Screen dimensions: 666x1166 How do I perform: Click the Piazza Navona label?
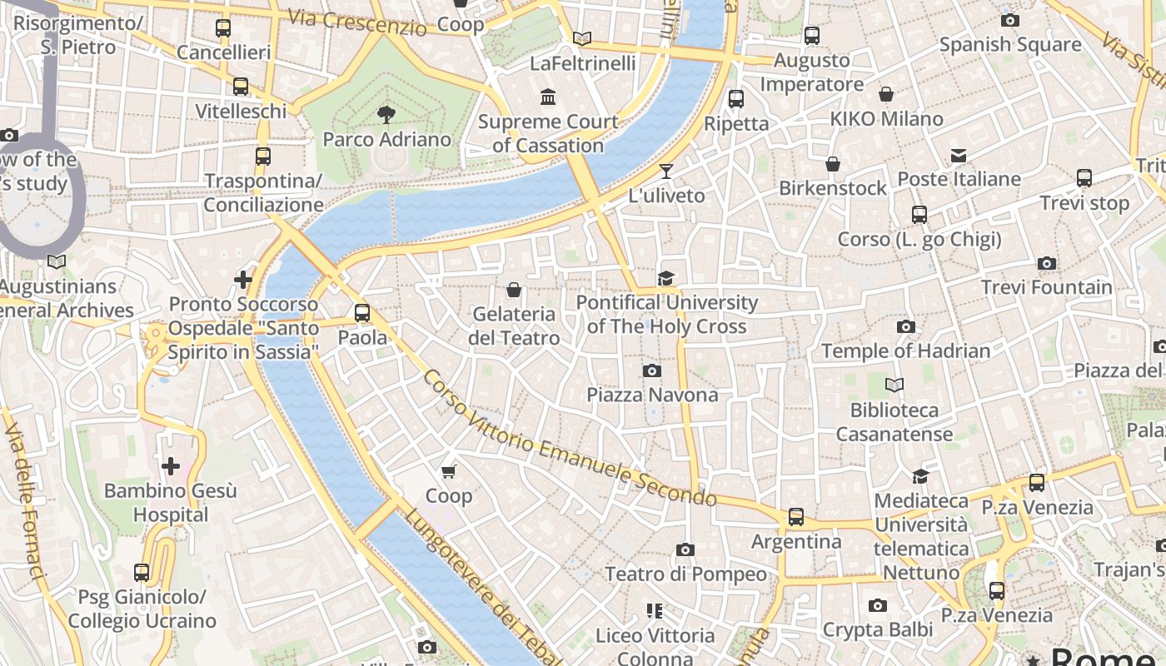click(652, 395)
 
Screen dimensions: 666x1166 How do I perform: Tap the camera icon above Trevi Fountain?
click(1047, 264)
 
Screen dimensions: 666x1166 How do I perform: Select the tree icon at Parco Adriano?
click(386, 115)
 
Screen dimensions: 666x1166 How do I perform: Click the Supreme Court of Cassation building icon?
click(548, 97)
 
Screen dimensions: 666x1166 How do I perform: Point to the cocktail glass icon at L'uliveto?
click(665, 171)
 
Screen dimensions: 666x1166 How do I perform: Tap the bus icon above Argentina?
click(796, 517)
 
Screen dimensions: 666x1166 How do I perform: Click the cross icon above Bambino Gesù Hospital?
click(171, 466)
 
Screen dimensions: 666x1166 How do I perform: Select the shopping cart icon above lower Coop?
click(449, 472)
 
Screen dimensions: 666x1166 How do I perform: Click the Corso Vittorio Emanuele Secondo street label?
click(569, 439)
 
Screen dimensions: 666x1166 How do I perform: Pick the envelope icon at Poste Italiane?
click(959, 156)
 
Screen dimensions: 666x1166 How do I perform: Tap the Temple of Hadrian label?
click(906, 350)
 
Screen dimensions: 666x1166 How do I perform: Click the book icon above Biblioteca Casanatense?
click(894, 385)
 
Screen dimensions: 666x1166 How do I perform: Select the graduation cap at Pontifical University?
click(665, 278)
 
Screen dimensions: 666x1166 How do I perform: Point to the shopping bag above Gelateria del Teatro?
click(514, 290)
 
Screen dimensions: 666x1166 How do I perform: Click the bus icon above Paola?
click(362, 313)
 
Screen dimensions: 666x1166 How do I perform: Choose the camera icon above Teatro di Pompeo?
click(685, 550)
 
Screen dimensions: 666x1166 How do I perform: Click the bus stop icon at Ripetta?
click(736, 99)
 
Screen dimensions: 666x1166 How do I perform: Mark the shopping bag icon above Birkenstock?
click(832, 164)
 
